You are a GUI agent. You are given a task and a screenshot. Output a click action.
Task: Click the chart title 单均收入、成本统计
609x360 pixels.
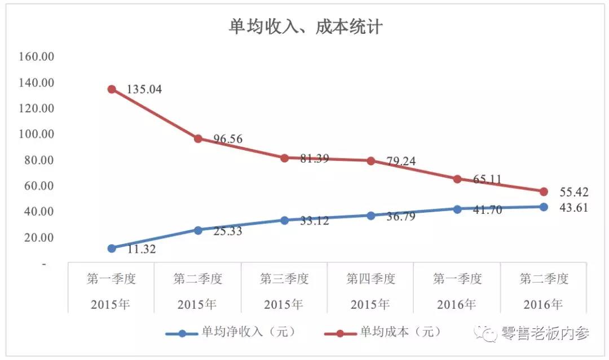(x=305, y=27)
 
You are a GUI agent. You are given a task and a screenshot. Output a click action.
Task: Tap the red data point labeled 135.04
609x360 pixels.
(x=112, y=89)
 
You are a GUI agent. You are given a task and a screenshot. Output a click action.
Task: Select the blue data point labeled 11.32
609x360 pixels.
(x=112, y=248)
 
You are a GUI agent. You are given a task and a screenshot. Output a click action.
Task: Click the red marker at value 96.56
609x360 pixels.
(x=198, y=138)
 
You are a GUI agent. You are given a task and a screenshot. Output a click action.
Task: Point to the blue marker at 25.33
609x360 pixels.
(x=198, y=230)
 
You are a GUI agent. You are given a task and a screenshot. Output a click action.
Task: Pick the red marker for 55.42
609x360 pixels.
(x=544, y=192)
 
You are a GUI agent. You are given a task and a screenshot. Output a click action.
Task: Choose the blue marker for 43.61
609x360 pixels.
(x=544, y=207)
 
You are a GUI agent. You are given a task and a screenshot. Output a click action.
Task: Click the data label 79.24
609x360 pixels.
(x=401, y=161)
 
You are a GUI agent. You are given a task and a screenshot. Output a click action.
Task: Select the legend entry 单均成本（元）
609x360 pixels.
(x=400, y=332)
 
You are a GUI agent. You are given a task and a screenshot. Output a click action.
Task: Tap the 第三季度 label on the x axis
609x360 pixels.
(x=284, y=279)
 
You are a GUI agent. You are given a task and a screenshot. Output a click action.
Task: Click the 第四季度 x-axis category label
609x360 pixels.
(x=371, y=279)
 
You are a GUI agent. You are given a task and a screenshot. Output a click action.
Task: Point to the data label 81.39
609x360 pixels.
(x=314, y=159)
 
